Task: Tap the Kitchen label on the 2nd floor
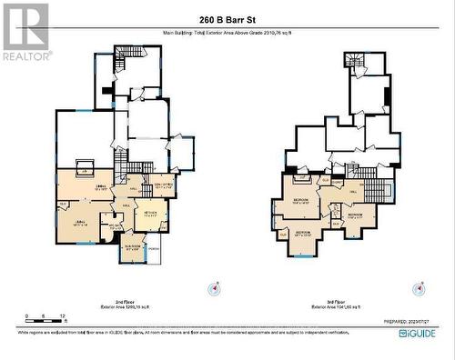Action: pos(151,213)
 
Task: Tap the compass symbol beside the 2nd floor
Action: pos(214,289)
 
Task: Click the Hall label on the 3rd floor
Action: pos(353,192)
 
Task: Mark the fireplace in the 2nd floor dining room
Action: pos(83,169)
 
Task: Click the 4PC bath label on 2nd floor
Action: pos(111,225)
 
